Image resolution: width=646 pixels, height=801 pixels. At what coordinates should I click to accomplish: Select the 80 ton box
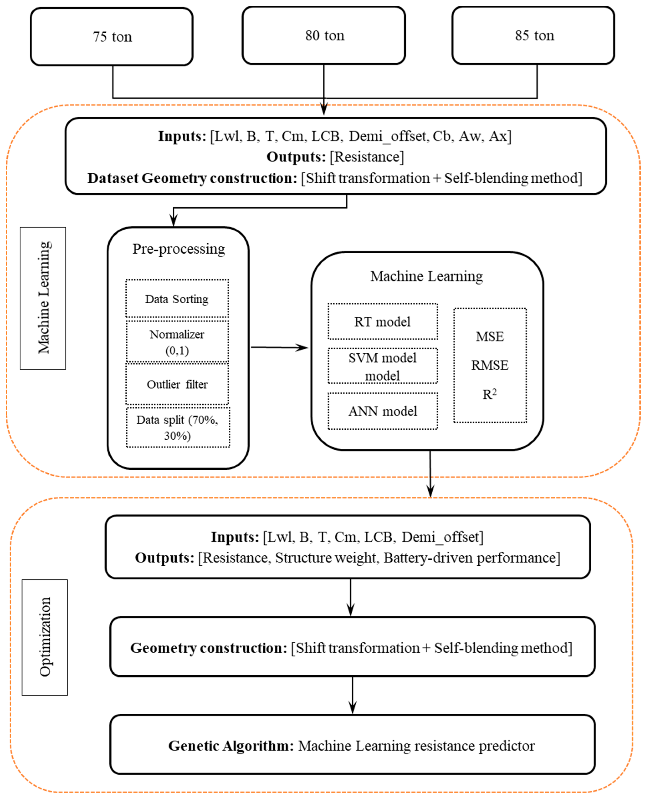pyautogui.click(x=324, y=35)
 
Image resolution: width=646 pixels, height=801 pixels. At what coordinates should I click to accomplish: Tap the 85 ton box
pyautogui.click(x=533, y=35)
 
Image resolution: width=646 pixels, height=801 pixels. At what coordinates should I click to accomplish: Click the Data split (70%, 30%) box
pyautogui.click(x=178, y=428)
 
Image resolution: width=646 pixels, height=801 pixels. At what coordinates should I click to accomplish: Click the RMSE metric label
pyautogui.click(x=490, y=365)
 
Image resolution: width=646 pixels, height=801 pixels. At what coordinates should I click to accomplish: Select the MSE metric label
pyautogui.click(x=490, y=337)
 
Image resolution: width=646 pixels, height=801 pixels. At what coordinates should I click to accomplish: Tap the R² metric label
pyautogui.click(x=490, y=394)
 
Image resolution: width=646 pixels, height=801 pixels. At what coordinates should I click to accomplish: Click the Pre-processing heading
pyautogui.click(x=179, y=249)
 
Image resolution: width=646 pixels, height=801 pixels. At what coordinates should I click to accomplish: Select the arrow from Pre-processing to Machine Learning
pyautogui.click(x=279, y=347)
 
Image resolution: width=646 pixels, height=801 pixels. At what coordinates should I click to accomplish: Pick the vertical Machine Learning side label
pyautogui.click(x=43, y=298)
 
